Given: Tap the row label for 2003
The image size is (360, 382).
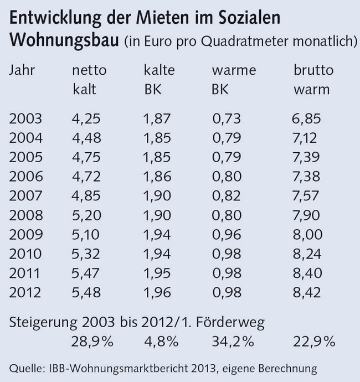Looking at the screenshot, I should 27,118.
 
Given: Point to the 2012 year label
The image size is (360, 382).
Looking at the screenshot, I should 27,293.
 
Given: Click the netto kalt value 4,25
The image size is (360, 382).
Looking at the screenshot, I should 86,118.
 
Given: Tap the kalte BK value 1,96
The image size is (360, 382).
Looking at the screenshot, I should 157,293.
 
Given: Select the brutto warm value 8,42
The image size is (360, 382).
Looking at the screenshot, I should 306,293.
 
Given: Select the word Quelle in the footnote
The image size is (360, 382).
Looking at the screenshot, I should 25,368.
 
